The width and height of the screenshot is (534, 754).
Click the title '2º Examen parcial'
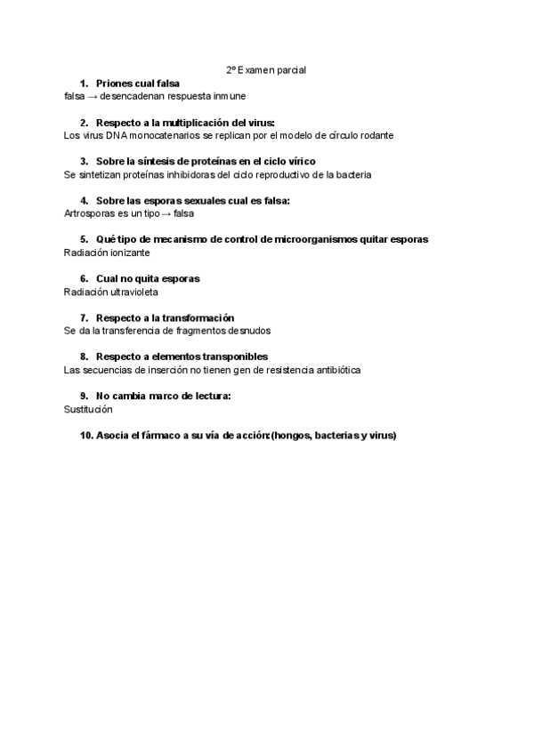coord(266,68)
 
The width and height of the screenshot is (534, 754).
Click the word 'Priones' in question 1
coord(114,83)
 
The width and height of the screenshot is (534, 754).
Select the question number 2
coord(84,122)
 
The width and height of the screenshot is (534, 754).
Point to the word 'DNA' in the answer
coord(106,135)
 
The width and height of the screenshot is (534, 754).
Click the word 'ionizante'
coord(131,253)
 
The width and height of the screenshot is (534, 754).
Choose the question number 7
coord(84,317)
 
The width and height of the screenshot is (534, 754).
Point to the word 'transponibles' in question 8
coord(235,357)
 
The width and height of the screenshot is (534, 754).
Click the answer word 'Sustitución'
coord(89,409)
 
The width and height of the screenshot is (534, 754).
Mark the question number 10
coord(85,435)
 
